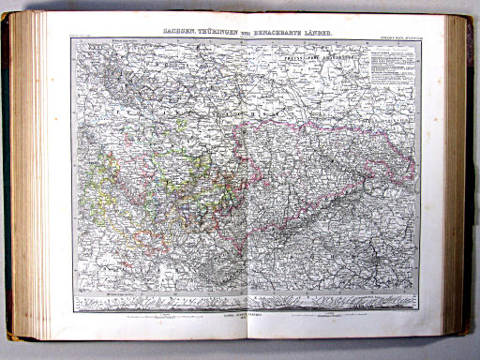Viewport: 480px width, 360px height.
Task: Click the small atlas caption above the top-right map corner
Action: click(x=393, y=37)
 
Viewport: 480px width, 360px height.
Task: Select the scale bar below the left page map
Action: click(x=159, y=313)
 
